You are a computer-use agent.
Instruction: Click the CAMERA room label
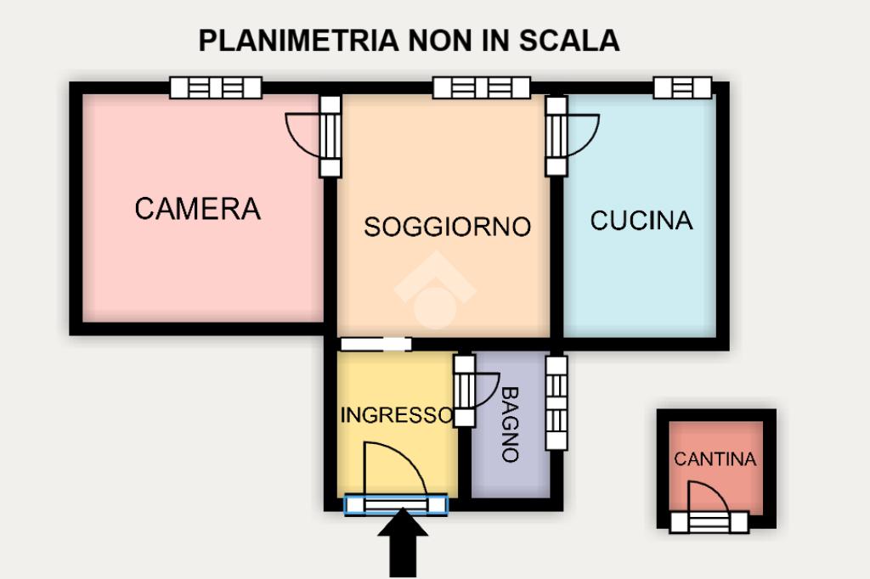[x=197, y=208]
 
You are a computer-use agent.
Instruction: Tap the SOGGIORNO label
[x=447, y=227]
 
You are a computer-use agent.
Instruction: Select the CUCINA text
[x=641, y=221]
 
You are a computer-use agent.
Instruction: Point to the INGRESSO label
[x=396, y=415]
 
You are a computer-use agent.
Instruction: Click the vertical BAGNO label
[x=510, y=424]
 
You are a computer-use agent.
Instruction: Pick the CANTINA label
[x=715, y=459]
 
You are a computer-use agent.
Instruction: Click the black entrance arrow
[x=402, y=548]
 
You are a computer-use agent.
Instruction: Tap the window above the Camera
[x=216, y=87]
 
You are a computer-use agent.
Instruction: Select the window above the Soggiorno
[x=481, y=87]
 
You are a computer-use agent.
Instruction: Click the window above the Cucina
[x=682, y=87]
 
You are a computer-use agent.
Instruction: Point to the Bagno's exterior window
[x=556, y=402]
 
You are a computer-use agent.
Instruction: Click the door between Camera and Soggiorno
[x=330, y=135]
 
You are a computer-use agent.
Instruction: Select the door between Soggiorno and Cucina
[x=556, y=135]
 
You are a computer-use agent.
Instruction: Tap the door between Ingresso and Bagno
[x=465, y=391]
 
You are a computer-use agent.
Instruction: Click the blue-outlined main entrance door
[x=396, y=505]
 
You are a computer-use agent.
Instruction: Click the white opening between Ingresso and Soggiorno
[x=375, y=344]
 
